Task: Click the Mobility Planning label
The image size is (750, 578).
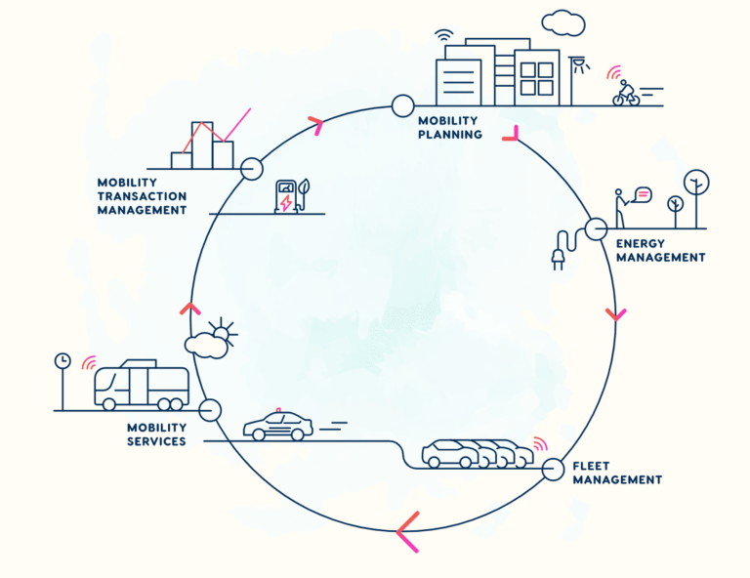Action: [x=449, y=128]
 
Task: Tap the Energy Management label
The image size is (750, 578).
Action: [x=660, y=251]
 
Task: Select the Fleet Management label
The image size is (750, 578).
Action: [x=617, y=473]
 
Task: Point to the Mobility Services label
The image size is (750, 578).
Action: [x=156, y=434]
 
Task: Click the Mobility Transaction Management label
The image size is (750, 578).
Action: [x=142, y=196]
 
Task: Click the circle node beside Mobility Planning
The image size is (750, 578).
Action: [x=402, y=105]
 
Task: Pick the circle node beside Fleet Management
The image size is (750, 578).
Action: [x=553, y=469]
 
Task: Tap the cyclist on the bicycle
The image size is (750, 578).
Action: [x=626, y=93]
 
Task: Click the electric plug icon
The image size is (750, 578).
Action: [x=564, y=249]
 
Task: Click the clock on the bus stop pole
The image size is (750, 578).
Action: [x=62, y=361]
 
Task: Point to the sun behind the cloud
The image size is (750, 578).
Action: [x=224, y=332]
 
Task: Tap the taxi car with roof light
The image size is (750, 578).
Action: [x=278, y=425]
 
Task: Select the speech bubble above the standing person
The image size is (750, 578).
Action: [x=642, y=195]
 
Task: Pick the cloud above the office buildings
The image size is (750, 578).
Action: [x=563, y=22]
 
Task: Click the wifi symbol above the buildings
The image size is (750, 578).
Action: [x=444, y=36]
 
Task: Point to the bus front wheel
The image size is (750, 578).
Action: [x=109, y=404]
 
